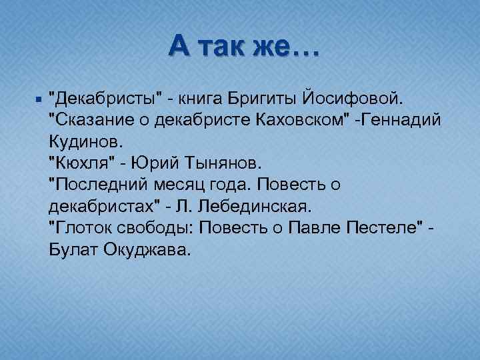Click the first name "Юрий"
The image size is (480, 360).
point(151,163)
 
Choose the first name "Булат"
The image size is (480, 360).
point(72,249)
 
